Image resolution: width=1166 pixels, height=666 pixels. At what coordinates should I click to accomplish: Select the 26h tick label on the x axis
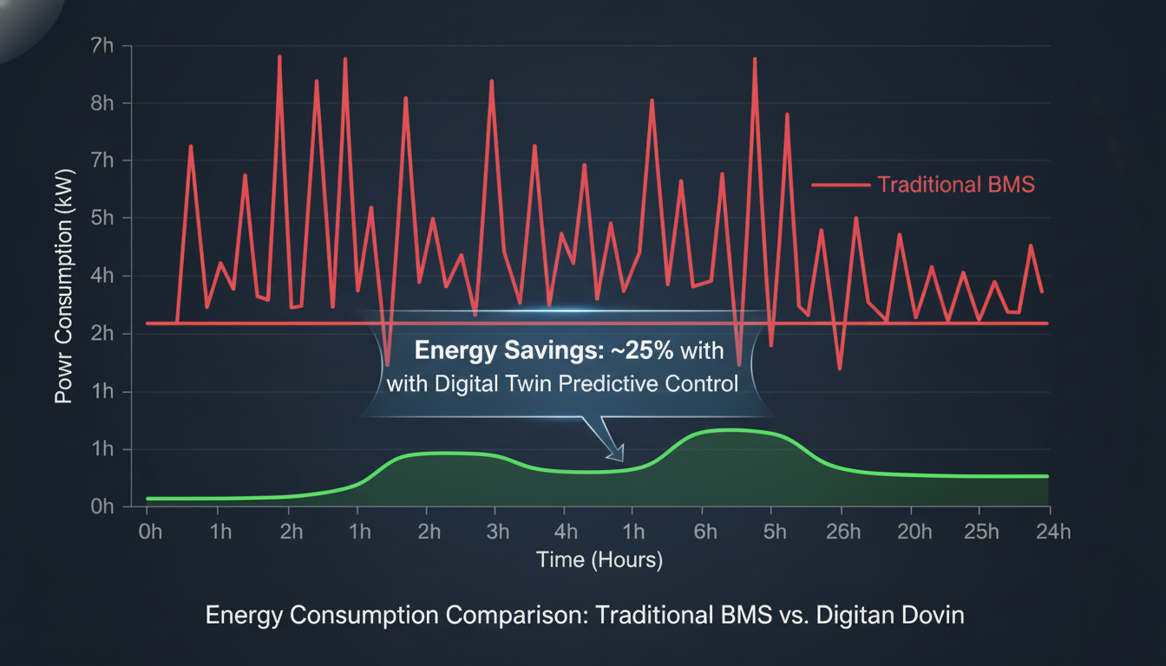[x=842, y=532]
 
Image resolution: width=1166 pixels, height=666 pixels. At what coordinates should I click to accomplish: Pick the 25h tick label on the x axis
[x=982, y=532]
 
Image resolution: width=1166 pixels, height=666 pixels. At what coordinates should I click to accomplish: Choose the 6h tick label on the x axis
[x=705, y=532]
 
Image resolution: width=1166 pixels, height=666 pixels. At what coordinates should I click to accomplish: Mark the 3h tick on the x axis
[x=497, y=532]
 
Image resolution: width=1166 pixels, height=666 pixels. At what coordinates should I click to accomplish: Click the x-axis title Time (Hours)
[x=599, y=559]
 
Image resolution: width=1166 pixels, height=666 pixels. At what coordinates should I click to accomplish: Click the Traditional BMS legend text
[x=956, y=185]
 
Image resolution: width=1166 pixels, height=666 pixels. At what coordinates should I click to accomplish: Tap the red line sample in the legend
[x=840, y=185]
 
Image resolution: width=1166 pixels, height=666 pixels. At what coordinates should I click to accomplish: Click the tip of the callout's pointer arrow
[x=619, y=459]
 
